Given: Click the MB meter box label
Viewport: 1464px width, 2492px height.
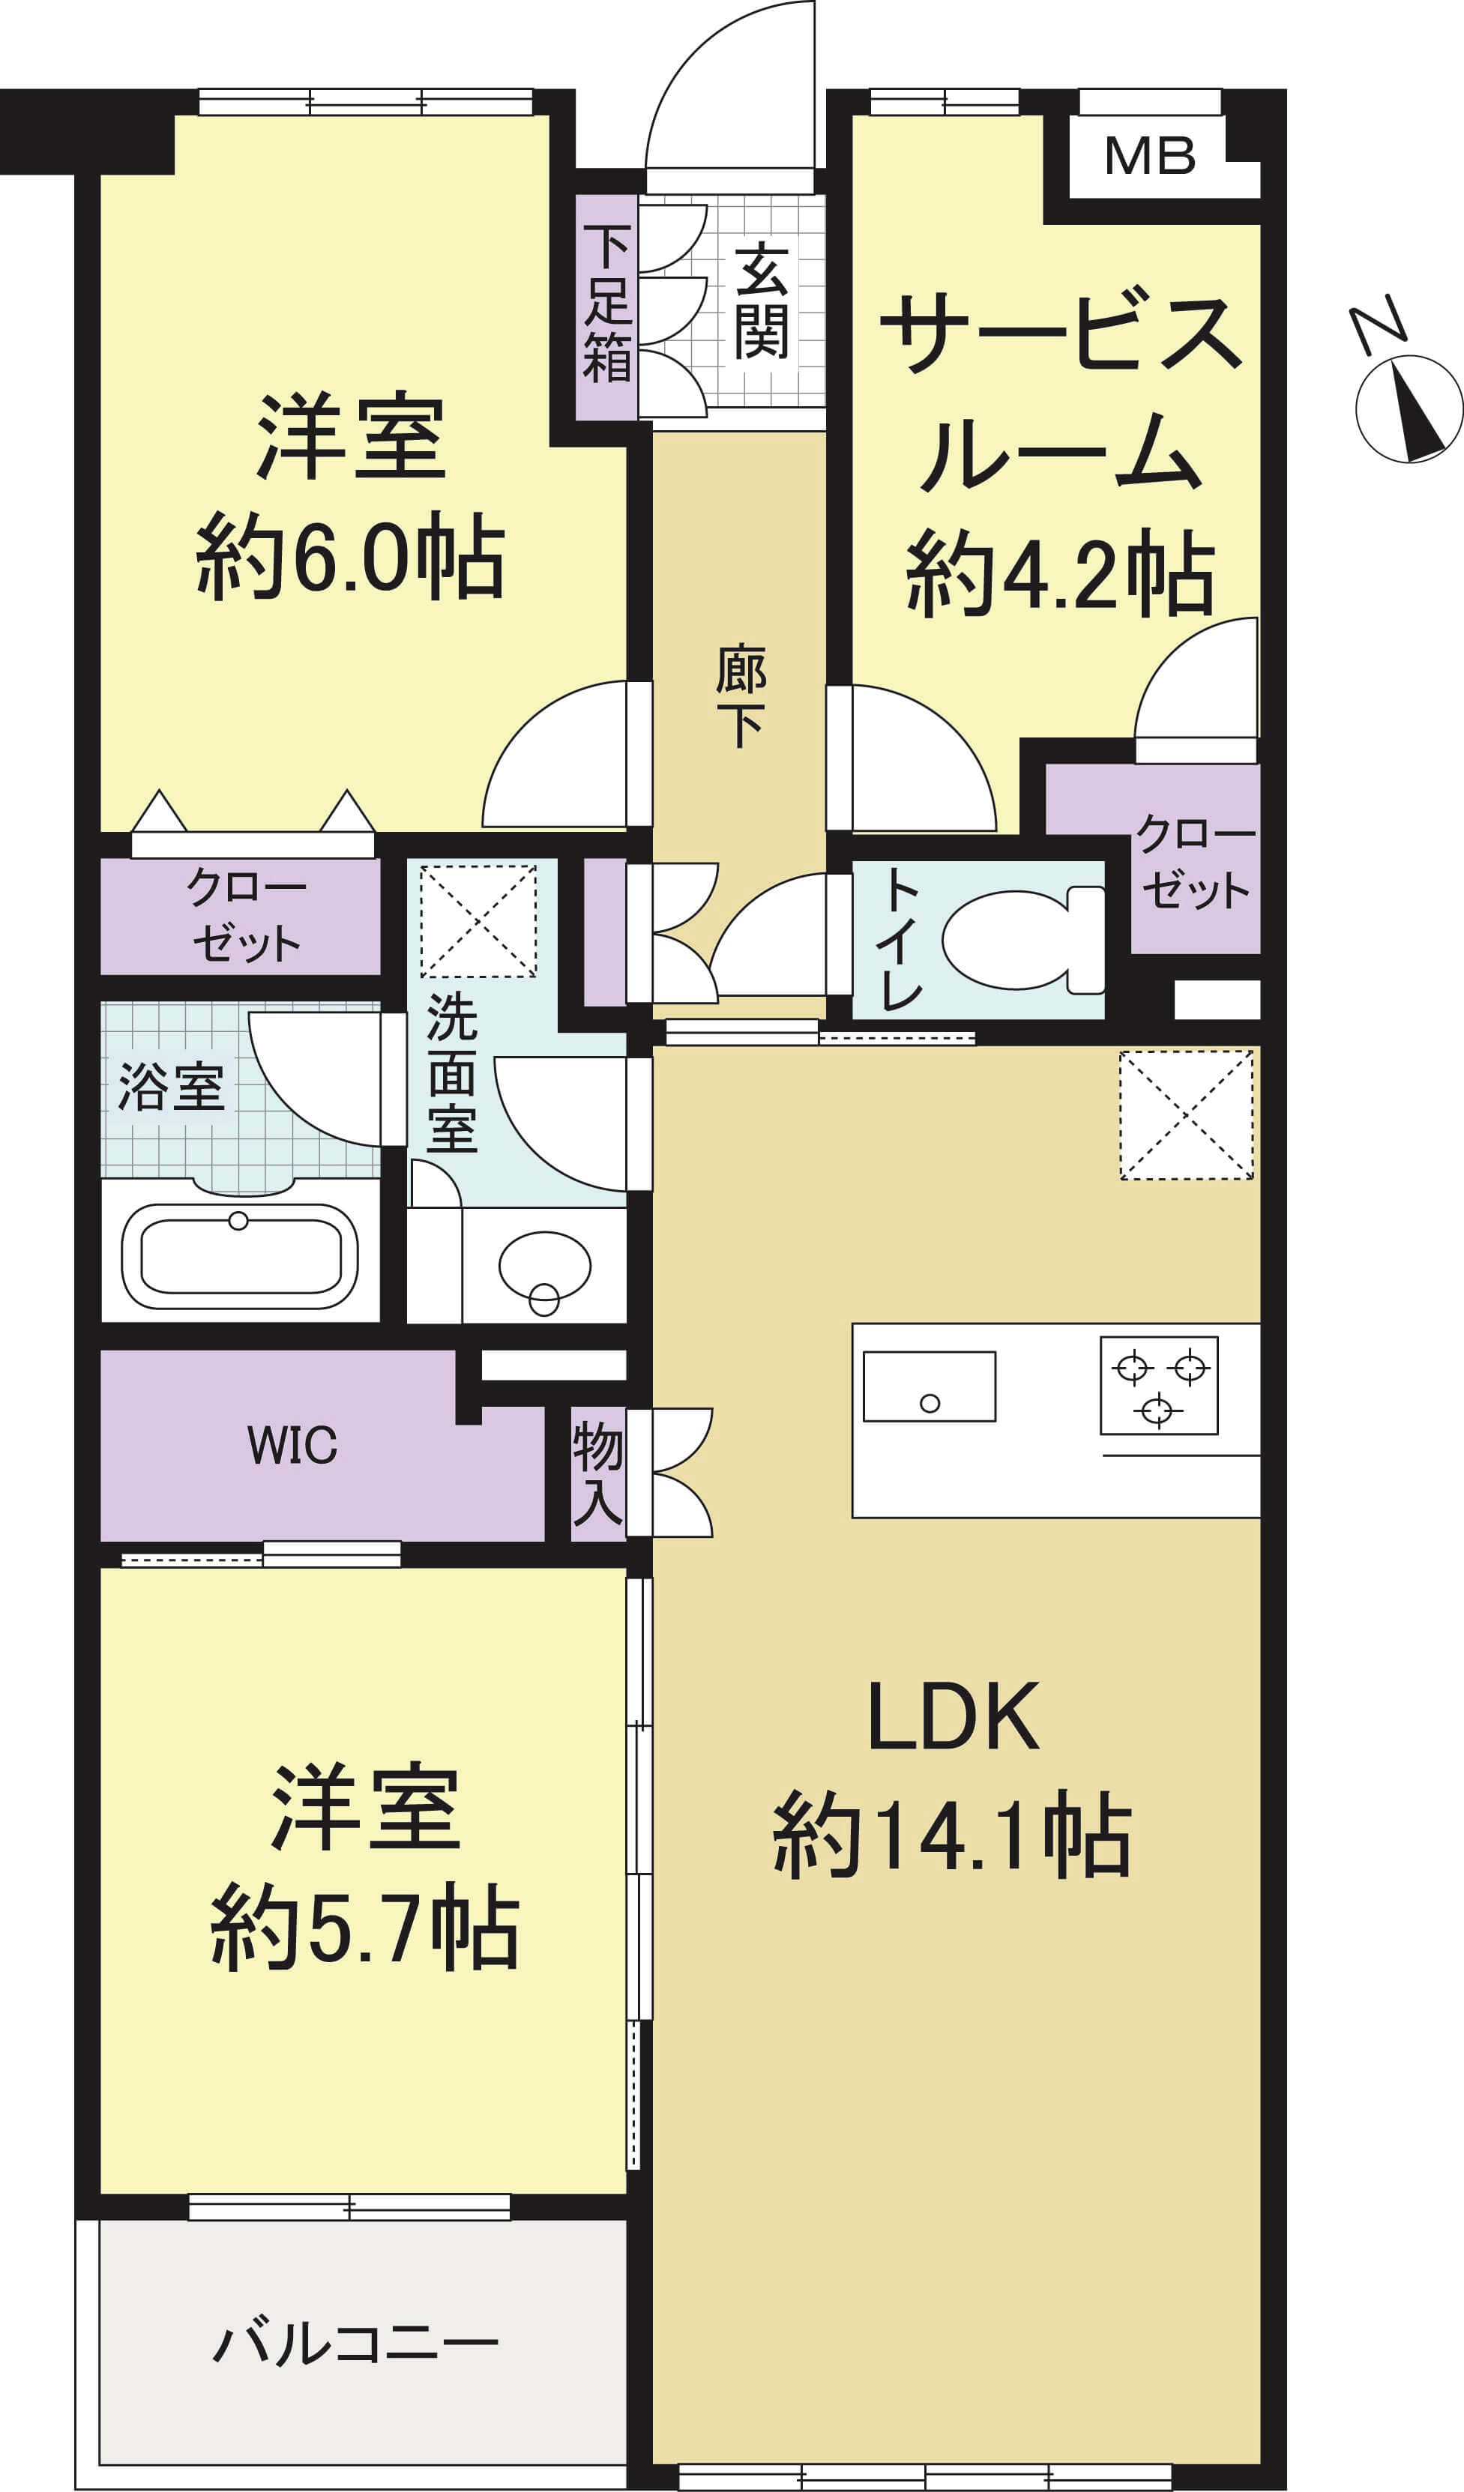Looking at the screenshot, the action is pos(1149,156).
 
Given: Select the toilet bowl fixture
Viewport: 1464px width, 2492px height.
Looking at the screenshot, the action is pos(1022,938).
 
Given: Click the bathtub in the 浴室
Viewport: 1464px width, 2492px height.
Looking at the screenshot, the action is pos(239,1254).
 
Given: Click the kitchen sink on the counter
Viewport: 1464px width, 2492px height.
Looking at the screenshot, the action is pos(929,1386).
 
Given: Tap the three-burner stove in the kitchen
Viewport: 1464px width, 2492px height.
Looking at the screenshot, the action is pos(1158,1384).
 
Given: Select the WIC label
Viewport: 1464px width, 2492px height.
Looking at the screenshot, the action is pos(292,1445).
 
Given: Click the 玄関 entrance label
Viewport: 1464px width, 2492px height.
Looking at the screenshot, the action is pos(761,301).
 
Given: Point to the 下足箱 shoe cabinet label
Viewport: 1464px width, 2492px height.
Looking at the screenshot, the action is pos(606,304).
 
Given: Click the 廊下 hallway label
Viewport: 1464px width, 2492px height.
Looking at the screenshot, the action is pos(741,697).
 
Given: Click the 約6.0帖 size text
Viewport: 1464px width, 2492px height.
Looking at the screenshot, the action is pos(350,556).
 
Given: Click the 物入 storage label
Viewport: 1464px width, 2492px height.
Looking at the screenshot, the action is pos(597,1473).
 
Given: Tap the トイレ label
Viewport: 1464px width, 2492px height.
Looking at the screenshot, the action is pos(900,938).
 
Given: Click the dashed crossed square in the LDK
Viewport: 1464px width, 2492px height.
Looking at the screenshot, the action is pos(1186,1114).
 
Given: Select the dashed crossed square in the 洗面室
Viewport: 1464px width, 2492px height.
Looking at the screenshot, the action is pos(479,920).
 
